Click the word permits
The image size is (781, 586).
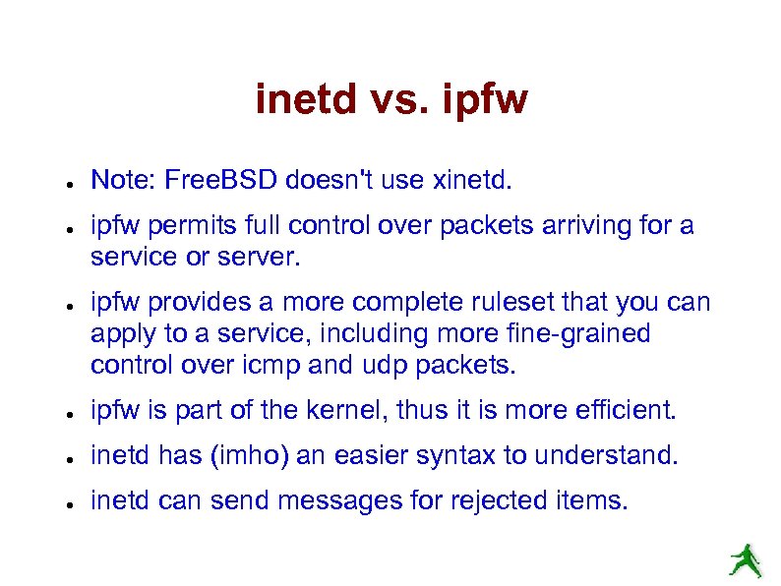pos(173,226)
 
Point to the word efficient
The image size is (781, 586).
pos(627,410)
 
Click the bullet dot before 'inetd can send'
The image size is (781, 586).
pos(61,503)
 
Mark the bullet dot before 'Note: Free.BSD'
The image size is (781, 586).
pos(61,183)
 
